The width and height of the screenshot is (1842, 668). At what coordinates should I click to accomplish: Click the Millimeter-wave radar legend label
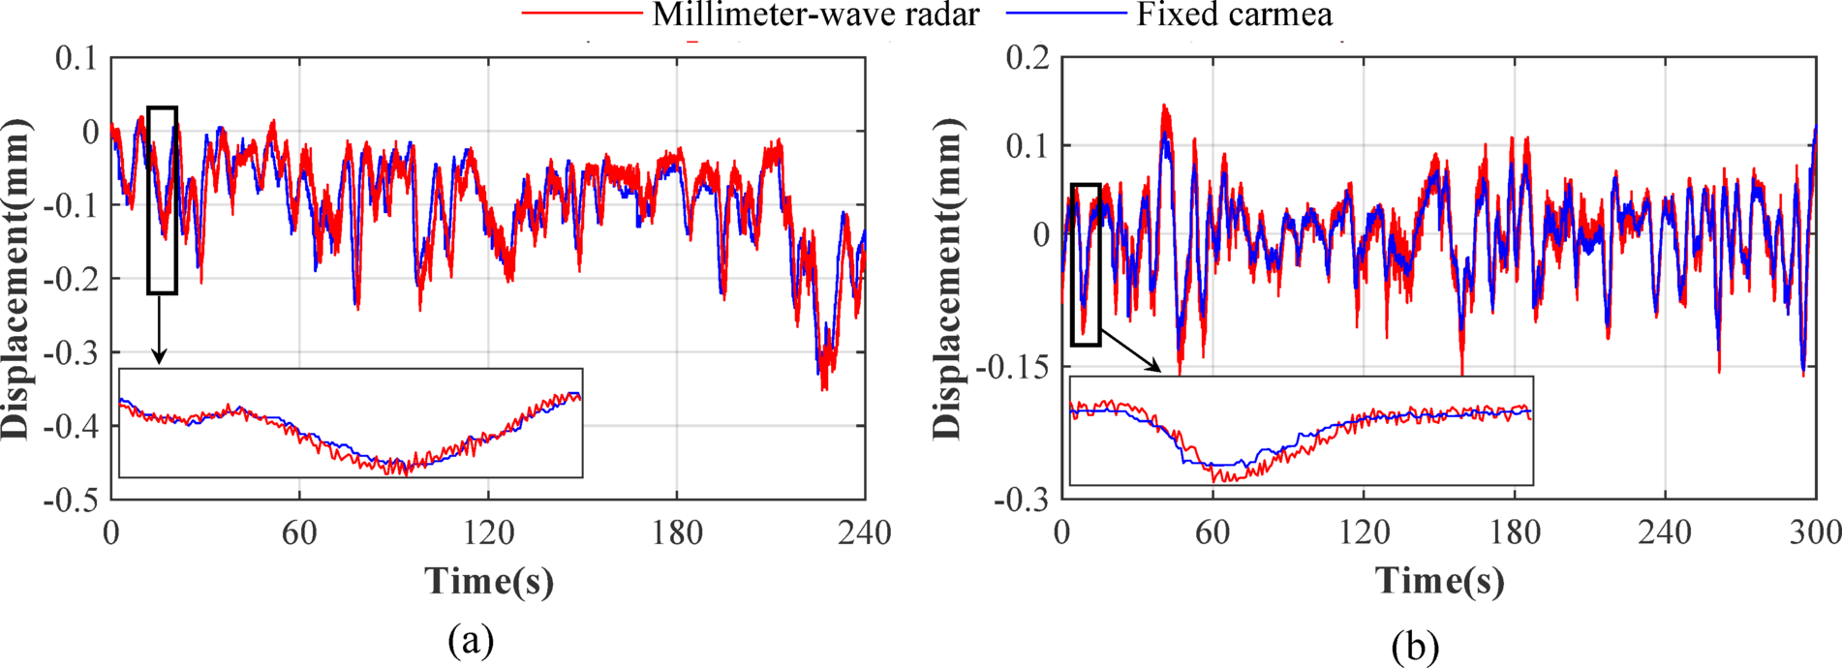tap(815, 15)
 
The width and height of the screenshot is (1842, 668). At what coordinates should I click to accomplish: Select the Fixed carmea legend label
tap(1235, 15)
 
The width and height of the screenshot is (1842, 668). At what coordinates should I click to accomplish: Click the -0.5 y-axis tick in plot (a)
tap(71, 500)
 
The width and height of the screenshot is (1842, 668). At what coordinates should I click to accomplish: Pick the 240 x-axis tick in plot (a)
tap(865, 532)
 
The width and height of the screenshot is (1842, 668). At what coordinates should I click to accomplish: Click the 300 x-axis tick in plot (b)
tap(1815, 532)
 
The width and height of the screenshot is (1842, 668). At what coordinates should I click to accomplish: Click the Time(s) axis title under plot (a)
tap(489, 581)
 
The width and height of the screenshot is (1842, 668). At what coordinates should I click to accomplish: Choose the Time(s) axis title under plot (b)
tap(1440, 581)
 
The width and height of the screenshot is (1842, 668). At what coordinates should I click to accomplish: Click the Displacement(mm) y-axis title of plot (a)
tap(17, 279)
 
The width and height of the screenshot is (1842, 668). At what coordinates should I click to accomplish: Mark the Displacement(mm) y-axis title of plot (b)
tap(949, 279)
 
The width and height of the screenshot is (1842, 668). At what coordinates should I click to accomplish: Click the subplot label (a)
tap(472, 640)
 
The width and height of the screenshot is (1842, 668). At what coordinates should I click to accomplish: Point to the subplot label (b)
tap(1415, 645)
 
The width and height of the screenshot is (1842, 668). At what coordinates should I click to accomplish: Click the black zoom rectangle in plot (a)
tap(162, 200)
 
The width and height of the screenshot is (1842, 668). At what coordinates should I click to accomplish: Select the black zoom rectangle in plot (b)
tap(1086, 264)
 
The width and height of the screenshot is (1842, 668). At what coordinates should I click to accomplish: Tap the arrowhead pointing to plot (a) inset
tap(159, 357)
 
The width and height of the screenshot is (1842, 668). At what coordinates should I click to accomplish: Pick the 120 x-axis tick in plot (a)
tap(488, 532)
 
